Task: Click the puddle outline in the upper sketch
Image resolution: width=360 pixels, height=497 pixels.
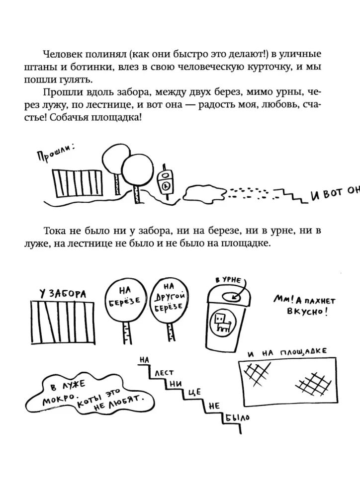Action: tap(205, 193)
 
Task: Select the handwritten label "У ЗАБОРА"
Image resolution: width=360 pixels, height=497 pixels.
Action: tap(63, 294)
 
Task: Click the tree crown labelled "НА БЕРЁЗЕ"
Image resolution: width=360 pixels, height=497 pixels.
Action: tap(126, 299)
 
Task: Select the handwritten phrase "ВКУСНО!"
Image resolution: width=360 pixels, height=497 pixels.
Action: tap(307, 311)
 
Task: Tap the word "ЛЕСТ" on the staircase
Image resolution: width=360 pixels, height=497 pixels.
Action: tap(164, 374)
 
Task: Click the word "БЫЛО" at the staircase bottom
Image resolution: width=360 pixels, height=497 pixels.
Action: tap(237, 418)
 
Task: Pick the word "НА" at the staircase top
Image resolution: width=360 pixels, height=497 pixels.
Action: tap(144, 360)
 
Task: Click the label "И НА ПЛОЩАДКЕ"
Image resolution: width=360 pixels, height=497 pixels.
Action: tap(287, 352)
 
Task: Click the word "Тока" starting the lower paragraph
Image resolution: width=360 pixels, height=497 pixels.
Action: tap(54, 231)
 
